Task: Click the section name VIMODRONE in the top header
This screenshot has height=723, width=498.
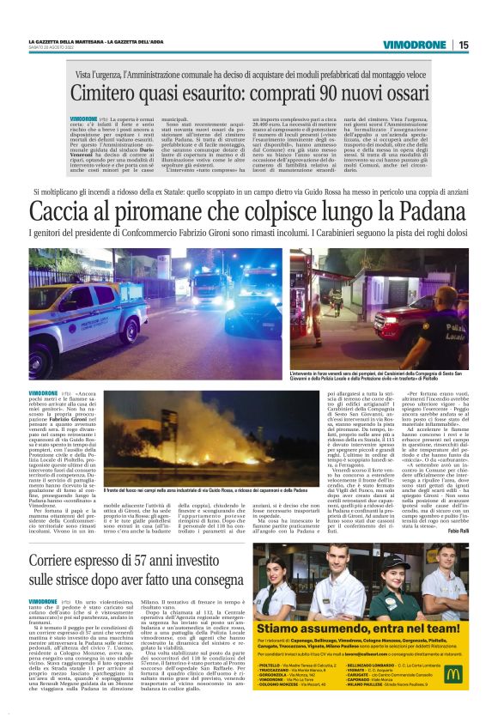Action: [x=421, y=45]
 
